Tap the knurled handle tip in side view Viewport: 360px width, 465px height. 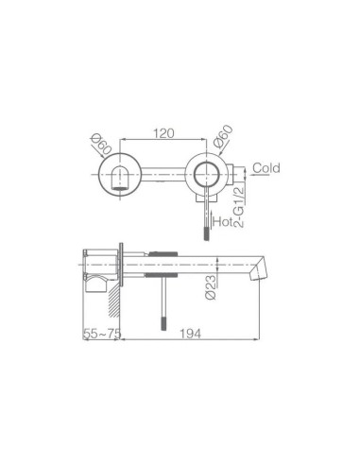coord(166,319)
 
